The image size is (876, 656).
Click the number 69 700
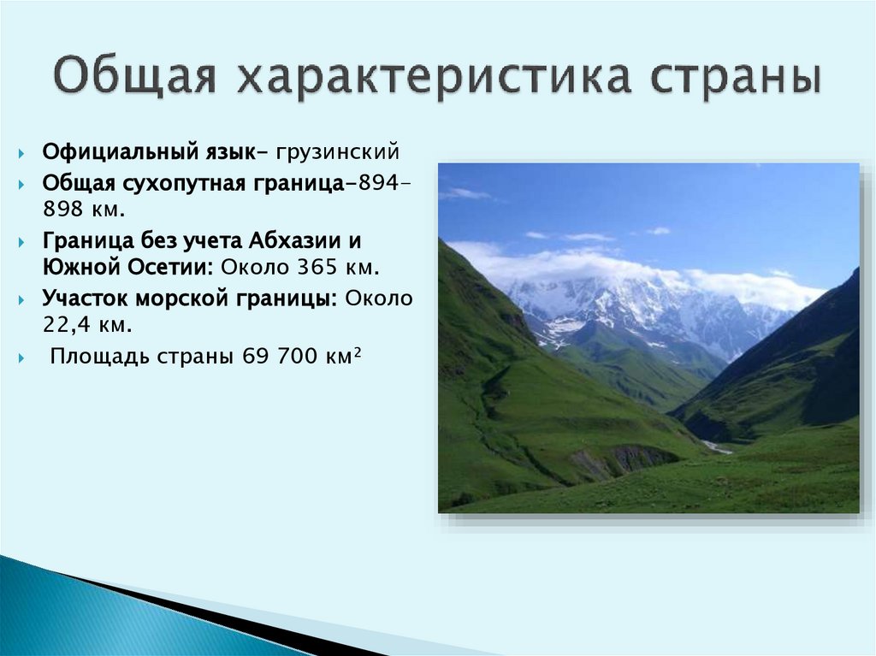click(277, 356)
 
